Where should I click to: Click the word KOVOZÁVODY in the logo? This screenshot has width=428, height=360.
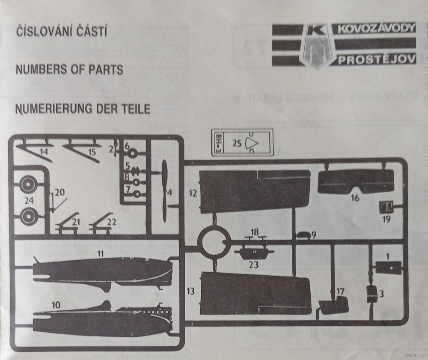pyautogui.click(x=376, y=29)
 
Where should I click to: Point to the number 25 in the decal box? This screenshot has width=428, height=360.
pyautogui.click(x=237, y=144)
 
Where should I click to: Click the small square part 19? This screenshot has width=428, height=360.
pyautogui.click(x=386, y=208)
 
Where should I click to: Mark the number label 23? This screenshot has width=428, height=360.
pyautogui.click(x=254, y=265)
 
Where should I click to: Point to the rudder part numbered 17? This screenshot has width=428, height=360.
pyautogui.click(x=334, y=306)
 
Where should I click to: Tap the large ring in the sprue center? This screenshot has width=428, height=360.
pyautogui.click(x=214, y=244)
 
